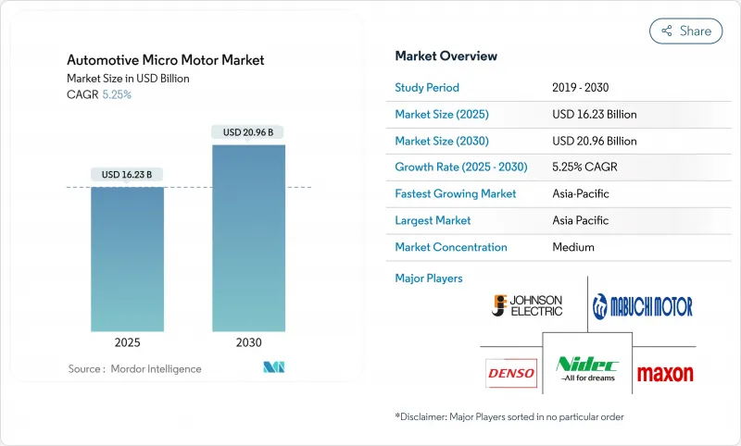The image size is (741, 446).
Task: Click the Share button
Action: (x=685, y=31)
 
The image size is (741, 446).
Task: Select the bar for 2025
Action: (x=127, y=258)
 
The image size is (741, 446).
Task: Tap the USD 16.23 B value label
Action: (x=127, y=175)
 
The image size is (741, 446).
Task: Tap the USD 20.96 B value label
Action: (x=248, y=132)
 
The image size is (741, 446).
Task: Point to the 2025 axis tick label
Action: (x=127, y=342)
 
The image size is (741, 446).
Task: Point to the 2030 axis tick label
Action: (x=248, y=342)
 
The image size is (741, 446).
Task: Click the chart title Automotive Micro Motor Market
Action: (x=165, y=60)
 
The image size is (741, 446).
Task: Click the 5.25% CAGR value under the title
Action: (x=116, y=94)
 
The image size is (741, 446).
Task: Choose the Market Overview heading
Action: (x=446, y=56)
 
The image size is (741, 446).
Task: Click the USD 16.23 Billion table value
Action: (x=594, y=115)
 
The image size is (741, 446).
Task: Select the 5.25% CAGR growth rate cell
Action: (x=586, y=167)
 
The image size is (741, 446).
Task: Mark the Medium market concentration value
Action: (x=572, y=247)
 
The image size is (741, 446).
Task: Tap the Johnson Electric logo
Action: (x=527, y=304)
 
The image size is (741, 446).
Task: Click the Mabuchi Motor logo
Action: (x=643, y=305)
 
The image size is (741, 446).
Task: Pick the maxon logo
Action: (x=665, y=374)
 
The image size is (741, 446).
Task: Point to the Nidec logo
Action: (x=587, y=369)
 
